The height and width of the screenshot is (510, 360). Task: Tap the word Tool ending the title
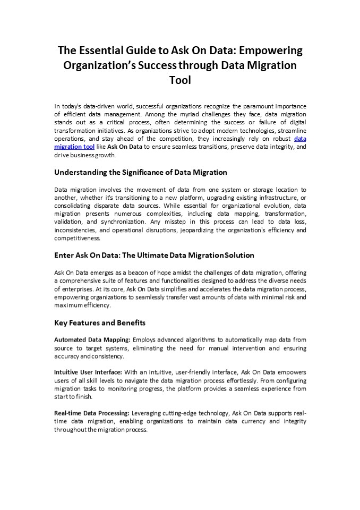180,80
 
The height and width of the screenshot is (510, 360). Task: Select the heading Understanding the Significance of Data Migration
141,172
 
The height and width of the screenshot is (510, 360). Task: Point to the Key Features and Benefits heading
100,322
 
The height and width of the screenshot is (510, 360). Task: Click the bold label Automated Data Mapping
92,339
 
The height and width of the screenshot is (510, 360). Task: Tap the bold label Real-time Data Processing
92,412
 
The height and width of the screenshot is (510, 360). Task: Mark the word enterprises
71,288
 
